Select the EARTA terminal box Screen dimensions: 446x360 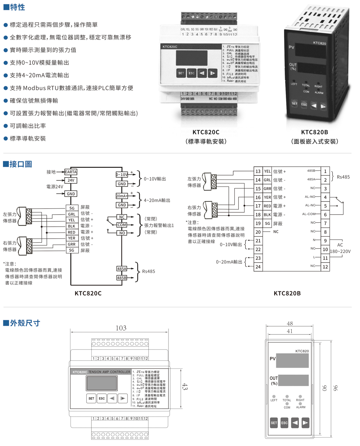tap(71, 172)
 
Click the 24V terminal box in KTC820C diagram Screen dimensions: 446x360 tap(71, 181)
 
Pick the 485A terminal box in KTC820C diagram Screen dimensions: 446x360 tap(122, 269)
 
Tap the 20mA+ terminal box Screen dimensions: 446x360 tap(122, 196)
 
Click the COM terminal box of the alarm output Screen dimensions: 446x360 tap(122, 225)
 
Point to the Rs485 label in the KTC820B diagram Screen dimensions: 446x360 tap(343, 177)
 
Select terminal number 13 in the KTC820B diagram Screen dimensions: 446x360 tap(258, 171)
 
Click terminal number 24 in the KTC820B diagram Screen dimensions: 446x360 tap(258, 267)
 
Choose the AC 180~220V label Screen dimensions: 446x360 tap(340, 248)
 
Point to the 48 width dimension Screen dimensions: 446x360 tap(290, 324)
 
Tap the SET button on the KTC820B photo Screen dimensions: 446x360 tap(295, 104)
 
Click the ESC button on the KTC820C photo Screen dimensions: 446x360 tap(192, 73)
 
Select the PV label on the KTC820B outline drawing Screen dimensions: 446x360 tap(272, 359)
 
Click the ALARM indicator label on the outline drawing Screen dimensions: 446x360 tap(301, 407)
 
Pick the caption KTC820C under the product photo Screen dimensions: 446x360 tap(206, 132)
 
